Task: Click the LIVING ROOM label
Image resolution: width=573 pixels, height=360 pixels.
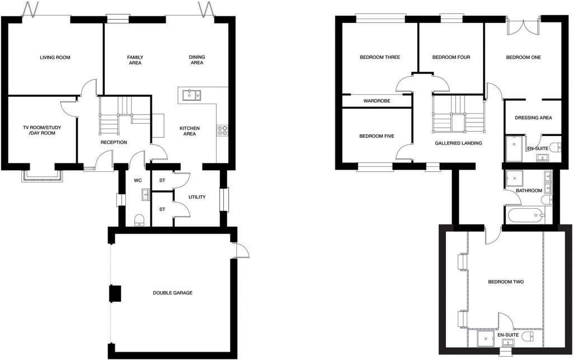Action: [55, 57]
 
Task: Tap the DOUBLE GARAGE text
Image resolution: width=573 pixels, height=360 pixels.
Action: [173, 293]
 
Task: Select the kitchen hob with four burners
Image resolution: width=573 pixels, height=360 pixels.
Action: [222, 129]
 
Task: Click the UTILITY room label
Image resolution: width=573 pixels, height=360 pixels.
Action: [198, 197]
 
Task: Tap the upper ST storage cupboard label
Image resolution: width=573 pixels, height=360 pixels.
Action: [162, 180]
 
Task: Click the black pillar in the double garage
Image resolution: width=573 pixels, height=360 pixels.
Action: [115, 293]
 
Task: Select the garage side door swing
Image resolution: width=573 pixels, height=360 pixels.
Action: [241, 251]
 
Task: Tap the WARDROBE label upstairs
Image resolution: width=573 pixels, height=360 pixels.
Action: [375, 101]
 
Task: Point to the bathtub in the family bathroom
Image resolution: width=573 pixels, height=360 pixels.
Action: [523, 215]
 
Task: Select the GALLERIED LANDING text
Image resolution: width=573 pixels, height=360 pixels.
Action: [458, 143]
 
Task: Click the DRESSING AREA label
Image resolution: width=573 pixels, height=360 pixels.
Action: [534, 118]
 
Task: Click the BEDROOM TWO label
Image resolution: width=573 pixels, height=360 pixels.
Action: [505, 282]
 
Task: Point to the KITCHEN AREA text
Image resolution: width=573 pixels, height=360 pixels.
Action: [189, 132]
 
